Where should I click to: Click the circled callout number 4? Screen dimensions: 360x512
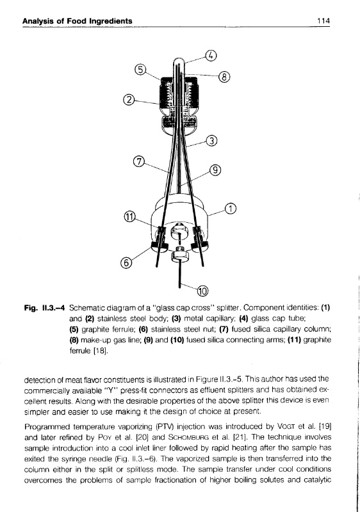point(211,56)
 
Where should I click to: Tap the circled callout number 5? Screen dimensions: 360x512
point(140,70)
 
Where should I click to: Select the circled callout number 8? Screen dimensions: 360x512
point(224,77)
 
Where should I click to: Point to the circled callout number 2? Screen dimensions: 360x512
point(129,99)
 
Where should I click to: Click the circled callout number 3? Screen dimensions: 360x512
point(212,141)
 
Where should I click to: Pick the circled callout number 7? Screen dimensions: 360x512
point(139,162)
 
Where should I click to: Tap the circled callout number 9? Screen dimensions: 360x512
point(215,170)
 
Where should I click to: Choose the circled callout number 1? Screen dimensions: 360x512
point(231,209)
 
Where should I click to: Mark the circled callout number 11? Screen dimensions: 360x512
point(129,216)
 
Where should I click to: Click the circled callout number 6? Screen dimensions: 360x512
point(126,262)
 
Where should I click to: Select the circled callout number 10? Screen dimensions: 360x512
point(202,291)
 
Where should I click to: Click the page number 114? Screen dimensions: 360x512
point(323,21)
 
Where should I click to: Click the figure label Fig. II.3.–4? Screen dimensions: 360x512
point(44,308)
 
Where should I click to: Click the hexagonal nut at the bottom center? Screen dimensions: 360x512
point(179,254)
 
